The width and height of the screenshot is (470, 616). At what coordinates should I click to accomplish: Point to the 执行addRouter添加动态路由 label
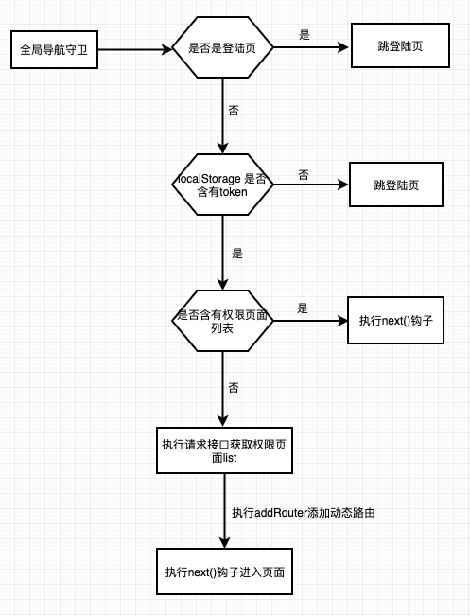304,512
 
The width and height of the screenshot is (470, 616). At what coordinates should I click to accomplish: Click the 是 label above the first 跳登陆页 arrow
305,35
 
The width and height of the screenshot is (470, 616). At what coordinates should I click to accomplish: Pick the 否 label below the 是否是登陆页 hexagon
234,111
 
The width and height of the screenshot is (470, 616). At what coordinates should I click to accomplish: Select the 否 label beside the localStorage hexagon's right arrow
304,175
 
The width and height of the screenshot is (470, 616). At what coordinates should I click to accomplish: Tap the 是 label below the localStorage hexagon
237,253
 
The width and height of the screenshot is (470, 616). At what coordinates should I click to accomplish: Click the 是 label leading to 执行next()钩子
303,308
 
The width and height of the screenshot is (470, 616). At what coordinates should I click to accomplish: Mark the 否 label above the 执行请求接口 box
234,388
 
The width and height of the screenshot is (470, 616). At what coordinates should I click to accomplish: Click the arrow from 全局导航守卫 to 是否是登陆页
135,49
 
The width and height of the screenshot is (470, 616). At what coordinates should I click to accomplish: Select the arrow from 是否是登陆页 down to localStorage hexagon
222,115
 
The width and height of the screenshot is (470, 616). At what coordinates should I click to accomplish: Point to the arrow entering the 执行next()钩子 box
310,321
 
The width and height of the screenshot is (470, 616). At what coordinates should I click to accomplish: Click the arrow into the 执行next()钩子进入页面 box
224,511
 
